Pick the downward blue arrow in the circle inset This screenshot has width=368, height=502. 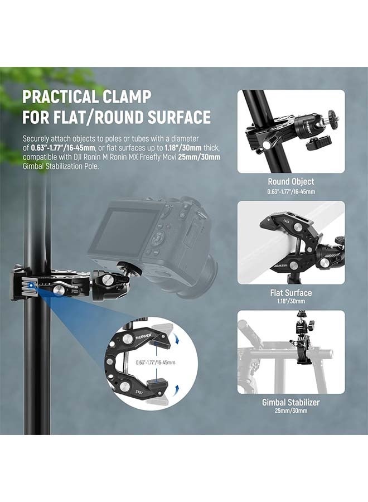coord(177,336)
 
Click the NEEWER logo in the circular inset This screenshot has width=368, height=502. coord(129,340)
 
